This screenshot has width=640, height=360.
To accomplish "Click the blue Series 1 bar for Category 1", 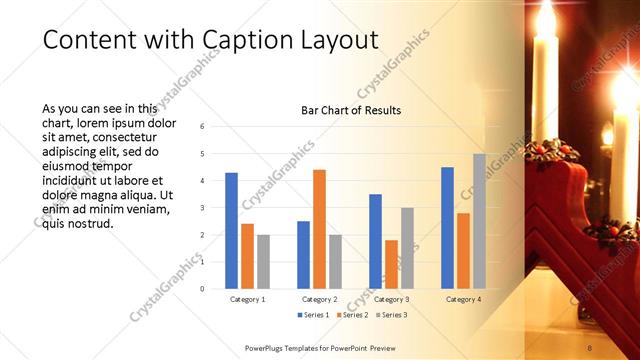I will [x=231, y=231].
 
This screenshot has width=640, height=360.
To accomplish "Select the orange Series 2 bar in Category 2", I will [x=319, y=229].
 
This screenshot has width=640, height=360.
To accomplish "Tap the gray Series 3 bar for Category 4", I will [x=479, y=221].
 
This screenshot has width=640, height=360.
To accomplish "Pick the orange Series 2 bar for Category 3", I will [x=391, y=264].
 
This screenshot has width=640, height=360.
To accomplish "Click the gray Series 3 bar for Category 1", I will [x=263, y=262].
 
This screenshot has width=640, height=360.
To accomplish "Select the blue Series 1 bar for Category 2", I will [x=303, y=255].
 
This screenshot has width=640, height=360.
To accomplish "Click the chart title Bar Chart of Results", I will [x=351, y=110].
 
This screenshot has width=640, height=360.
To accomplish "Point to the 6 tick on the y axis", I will [x=203, y=127].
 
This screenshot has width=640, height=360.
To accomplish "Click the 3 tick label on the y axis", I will [x=203, y=208].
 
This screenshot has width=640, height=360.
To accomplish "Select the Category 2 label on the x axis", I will [x=319, y=299].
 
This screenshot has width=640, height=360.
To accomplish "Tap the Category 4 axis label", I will [x=463, y=299].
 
